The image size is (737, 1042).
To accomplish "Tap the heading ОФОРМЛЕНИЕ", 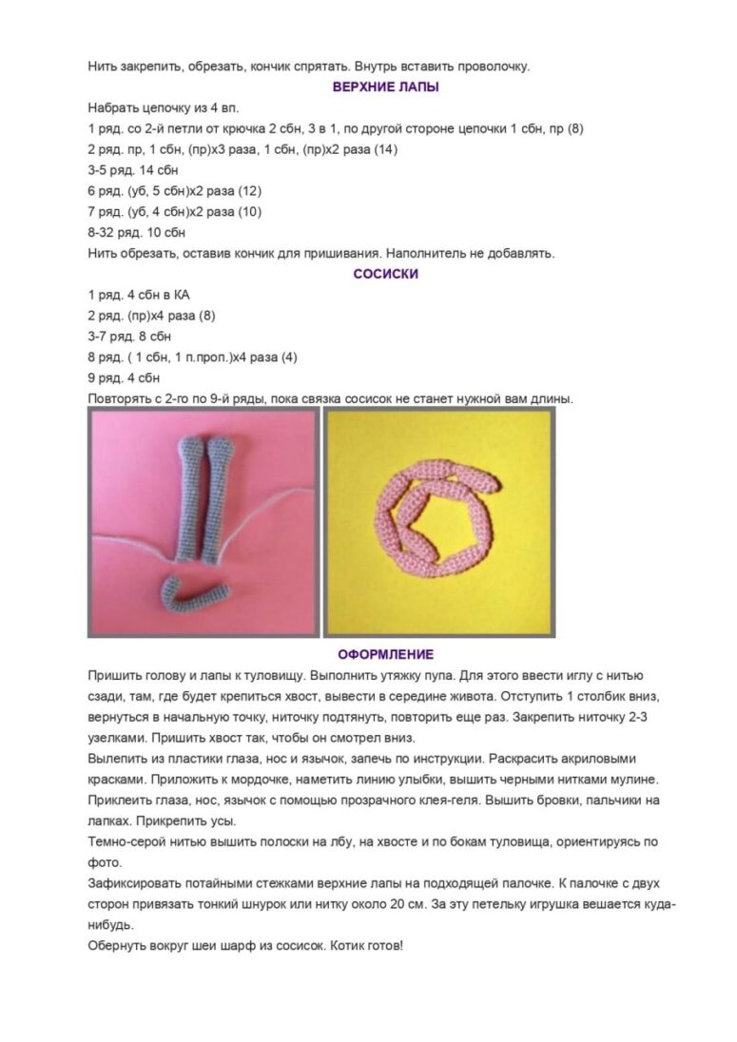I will (386, 654).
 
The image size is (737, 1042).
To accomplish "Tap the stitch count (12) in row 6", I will (249, 190).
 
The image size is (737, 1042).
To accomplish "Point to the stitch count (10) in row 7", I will (249, 211).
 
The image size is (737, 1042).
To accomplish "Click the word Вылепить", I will (116, 760).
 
